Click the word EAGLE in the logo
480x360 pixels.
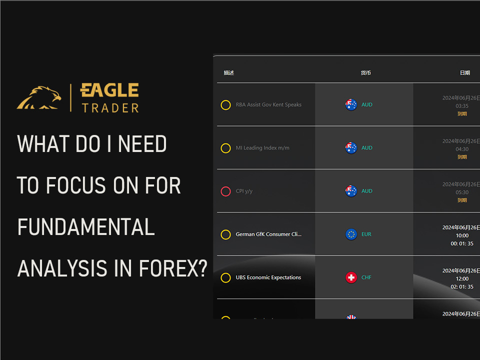[x=109, y=90]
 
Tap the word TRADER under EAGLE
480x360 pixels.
[x=110, y=107]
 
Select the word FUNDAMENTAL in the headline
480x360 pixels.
[x=86, y=227]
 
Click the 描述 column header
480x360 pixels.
[x=229, y=73]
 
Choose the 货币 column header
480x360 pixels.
[x=366, y=73]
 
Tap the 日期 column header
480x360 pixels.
[x=465, y=73]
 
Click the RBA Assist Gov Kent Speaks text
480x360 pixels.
[x=268, y=105]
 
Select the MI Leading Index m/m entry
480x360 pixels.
[x=262, y=148]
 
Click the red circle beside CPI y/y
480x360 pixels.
[x=225, y=191]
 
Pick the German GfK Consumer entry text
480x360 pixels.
[x=268, y=234]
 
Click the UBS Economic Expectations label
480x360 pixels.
[x=268, y=277]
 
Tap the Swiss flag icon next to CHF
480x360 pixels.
[x=351, y=277]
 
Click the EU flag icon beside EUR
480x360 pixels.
[x=351, y=234]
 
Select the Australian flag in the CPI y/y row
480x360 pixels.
[x=351, y=191]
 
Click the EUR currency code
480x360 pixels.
[x=366, y=234]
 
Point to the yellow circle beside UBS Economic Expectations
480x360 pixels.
[x=225, y=277]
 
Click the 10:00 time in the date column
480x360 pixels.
[x=462, y=235]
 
